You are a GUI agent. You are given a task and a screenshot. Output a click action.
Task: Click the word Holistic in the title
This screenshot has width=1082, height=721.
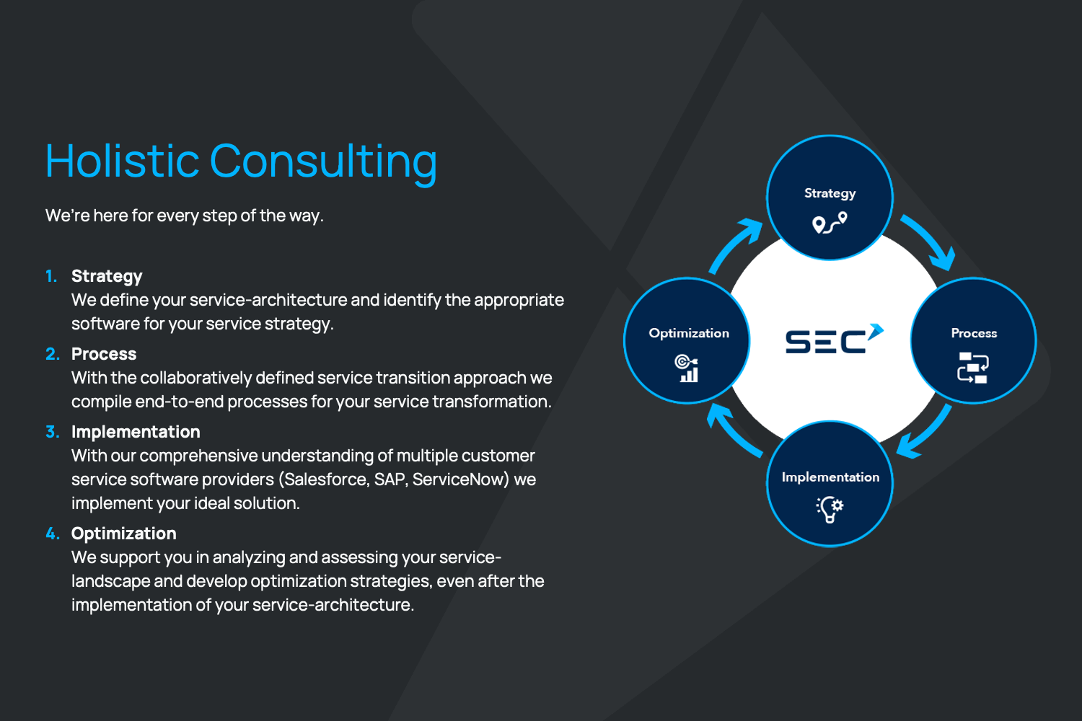coord(122,160)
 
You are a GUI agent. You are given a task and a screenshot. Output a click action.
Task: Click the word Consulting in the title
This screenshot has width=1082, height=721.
coord(324,164)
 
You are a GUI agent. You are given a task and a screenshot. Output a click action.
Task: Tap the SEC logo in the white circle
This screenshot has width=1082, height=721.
coord(835,339)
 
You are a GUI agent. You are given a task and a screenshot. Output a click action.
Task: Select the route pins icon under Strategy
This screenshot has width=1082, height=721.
coord(830,223)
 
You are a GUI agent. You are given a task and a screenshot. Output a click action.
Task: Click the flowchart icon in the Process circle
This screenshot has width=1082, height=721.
coord(973,368)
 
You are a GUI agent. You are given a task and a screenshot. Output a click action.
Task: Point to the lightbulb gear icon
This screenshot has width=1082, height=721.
coord(830,509)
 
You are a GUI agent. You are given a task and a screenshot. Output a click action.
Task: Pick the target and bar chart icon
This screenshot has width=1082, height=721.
coord(687,368)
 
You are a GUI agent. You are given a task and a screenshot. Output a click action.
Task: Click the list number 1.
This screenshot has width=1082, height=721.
coord(51,276)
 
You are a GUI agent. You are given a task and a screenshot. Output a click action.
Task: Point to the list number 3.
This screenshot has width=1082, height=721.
coord(52,432)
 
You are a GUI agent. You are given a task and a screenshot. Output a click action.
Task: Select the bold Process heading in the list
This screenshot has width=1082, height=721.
coord(104,354)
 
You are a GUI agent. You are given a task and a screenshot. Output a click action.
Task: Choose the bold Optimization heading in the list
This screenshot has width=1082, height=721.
coord(123,534)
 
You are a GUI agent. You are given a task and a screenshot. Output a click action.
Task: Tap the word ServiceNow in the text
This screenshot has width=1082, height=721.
coord(461,479)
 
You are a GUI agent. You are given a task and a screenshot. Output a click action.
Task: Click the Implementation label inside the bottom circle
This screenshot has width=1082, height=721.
coord(830,477)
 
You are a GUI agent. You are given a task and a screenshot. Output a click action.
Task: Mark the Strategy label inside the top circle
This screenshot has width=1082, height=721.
coord(830,194)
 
